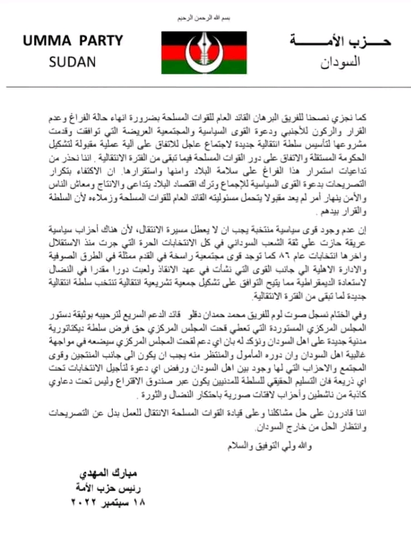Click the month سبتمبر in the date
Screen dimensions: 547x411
(117, 503)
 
